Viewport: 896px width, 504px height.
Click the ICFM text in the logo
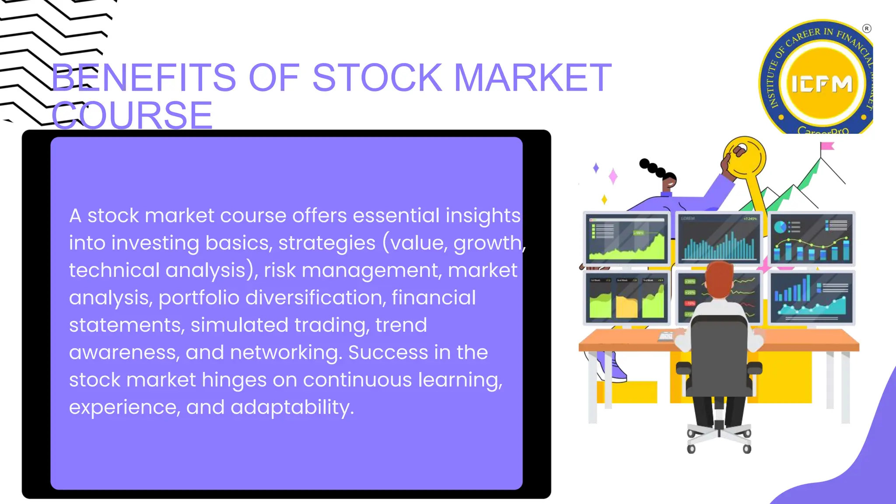click(x=822, y=84)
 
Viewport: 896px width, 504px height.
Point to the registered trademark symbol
click(x=866, y=29)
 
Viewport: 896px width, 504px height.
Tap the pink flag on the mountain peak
click(x=827, y=146)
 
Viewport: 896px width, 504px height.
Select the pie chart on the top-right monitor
click(x=780, y=227)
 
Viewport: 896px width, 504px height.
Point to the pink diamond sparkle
click(x=613, y=176)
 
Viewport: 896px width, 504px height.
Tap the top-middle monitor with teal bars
click(x=719, y=238)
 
